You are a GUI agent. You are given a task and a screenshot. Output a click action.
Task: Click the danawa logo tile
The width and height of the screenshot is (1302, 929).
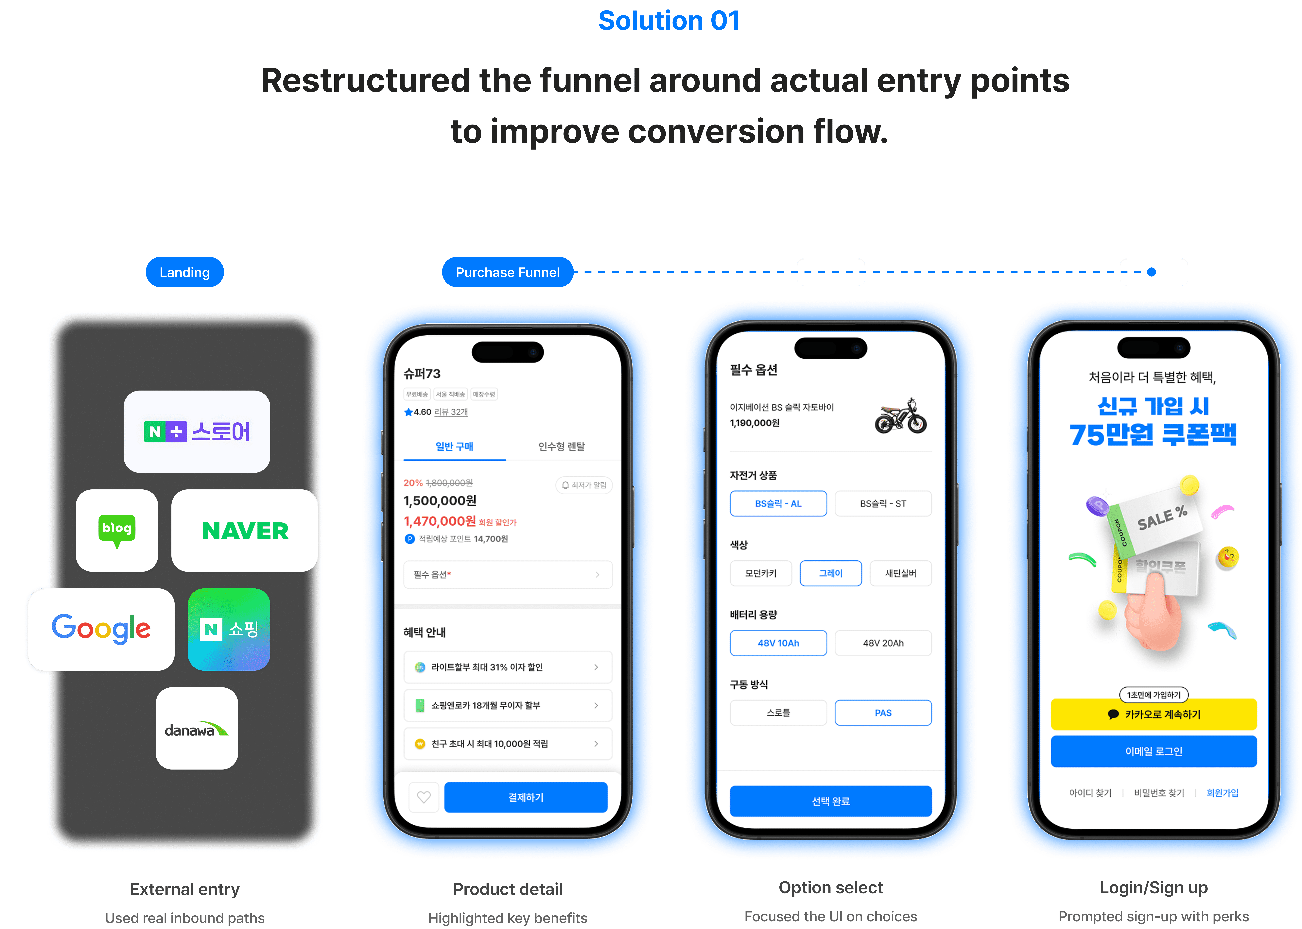pos(197,728)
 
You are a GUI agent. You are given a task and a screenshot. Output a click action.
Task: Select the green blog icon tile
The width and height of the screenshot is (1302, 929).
pos(117,530)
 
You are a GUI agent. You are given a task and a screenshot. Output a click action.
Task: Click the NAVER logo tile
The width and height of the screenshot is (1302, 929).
pos(245,530)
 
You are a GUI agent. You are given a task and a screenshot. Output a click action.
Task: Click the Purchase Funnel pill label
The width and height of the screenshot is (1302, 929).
pos(507,272)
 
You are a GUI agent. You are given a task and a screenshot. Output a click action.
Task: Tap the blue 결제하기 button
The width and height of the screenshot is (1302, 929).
pos(526,797)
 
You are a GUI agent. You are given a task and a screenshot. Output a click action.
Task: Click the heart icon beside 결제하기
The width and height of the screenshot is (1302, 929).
pos(424,797)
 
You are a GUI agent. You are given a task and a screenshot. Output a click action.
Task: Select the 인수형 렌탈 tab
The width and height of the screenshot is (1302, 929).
pos(561,446)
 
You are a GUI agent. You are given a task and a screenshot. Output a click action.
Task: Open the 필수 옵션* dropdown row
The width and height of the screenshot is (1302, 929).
pos(507,574)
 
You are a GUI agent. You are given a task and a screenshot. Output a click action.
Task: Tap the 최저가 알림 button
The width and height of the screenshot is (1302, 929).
pos(584,485)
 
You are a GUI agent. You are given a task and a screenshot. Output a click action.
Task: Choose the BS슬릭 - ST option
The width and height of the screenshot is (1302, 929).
pos(883,503)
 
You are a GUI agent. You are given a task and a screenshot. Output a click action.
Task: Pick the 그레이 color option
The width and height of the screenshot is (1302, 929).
pos(831,573)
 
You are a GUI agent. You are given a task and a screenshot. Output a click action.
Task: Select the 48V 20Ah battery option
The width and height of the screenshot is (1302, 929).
pos(883,643)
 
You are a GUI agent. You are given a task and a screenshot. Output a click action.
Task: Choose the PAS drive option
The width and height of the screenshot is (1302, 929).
pos(883,713)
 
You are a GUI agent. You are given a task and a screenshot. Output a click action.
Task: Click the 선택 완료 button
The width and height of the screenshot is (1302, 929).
pos(831,801)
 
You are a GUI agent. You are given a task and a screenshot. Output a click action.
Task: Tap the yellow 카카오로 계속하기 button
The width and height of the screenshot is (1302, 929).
pos(1153,714)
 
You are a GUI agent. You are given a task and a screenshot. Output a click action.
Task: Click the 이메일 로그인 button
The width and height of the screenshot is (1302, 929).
pos(1153,751)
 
